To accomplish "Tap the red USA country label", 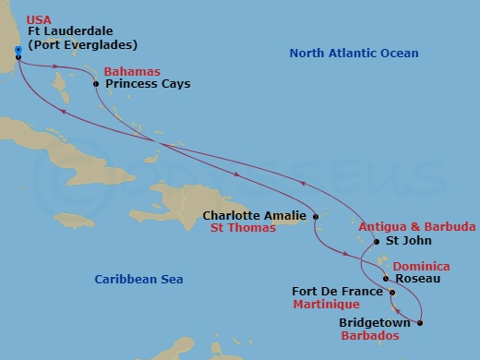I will pyautogui.click(x=38, y=18).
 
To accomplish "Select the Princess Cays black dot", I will pyautogui.click(x=96, y=84).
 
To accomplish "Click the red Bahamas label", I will pyautogui.click(x=131, y=71).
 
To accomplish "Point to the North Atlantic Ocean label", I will pyautogui.click(x=354, y=54).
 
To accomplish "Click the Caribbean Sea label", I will pyautogui.click(x=140, y=279).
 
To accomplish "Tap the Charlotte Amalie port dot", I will pyautogui.click(x=316, y=217).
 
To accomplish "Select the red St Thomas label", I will pyautogui.click(x=243, y=228).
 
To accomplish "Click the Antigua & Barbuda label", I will pyautogui.click(x=417, y=226).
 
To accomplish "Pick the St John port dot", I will pyautogui.click(x=376, y=243).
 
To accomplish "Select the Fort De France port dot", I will pyautogui.click(x=392, y=294).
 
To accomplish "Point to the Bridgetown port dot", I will pyautogui.click(x=420, y=322).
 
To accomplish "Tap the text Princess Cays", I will pyautogui.click(x=148, y=84).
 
